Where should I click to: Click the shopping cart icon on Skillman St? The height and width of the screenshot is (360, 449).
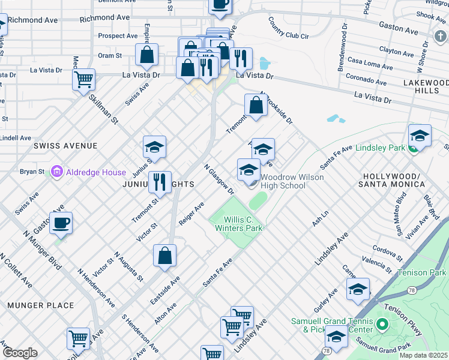(84, 80)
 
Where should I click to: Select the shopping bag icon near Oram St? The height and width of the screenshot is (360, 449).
(147, 56)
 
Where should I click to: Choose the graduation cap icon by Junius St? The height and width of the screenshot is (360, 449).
(154, 148)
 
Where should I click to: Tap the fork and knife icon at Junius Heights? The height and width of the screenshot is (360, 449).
(160, 182)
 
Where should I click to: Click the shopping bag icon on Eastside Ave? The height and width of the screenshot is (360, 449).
(164, 256)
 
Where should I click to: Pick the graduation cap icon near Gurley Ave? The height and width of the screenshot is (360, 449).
(358, 290)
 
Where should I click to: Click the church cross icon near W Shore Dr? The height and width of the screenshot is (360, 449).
(441, 38)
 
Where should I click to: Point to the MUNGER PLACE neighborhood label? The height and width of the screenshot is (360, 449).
(40, 305)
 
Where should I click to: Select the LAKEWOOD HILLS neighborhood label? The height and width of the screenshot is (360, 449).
(426, 86)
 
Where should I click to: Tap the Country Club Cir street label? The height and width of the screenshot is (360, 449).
(288, 28)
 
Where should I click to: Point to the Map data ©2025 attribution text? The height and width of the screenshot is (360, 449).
(423, 355)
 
